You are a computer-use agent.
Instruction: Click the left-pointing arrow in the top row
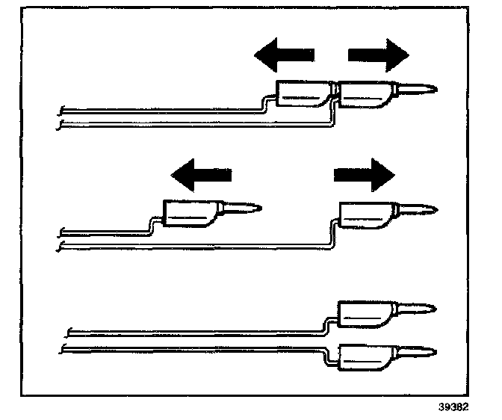(x=284, y=55)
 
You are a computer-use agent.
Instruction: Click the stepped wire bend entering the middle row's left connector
(x=154, y=225)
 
